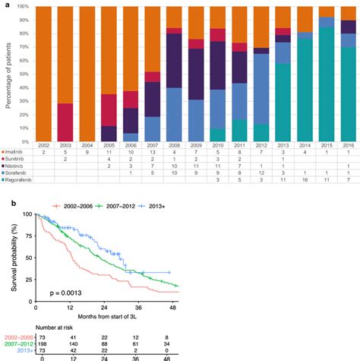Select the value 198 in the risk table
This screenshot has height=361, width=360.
point(41,345)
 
